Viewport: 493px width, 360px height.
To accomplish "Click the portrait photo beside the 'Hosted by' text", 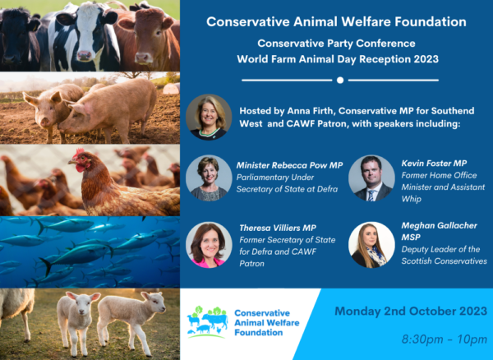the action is (x=209, y=117).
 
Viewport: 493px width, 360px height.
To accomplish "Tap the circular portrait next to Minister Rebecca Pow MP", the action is (x=209, y=178).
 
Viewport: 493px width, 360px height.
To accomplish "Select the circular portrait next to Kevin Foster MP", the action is (x=371, y=178).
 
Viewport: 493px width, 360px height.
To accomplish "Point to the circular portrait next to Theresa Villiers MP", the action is (x=209, y=245).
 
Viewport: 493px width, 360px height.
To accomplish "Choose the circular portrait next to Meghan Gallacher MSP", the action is (x=371, y=245).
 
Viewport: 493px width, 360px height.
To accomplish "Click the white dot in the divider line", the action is (x=340, y=81).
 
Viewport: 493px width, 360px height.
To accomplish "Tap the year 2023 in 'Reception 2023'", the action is (x=426, y=59).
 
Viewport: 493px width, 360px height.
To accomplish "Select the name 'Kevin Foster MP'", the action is (x=434, y=164).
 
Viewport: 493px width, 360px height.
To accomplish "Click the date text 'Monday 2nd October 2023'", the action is (x=411, y=312).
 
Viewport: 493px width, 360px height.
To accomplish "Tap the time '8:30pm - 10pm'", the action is (x=445, y=339).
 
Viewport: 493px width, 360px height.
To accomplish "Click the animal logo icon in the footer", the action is (x=208, y=322).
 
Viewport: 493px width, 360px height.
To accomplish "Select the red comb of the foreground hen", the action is (x=80, y=152).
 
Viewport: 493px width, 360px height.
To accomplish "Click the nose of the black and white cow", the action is (x=85, y=56).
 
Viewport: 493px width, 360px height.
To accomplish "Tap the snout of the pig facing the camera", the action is (x=45, y=122).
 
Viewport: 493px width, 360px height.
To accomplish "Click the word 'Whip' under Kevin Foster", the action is (x=412, y=199).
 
